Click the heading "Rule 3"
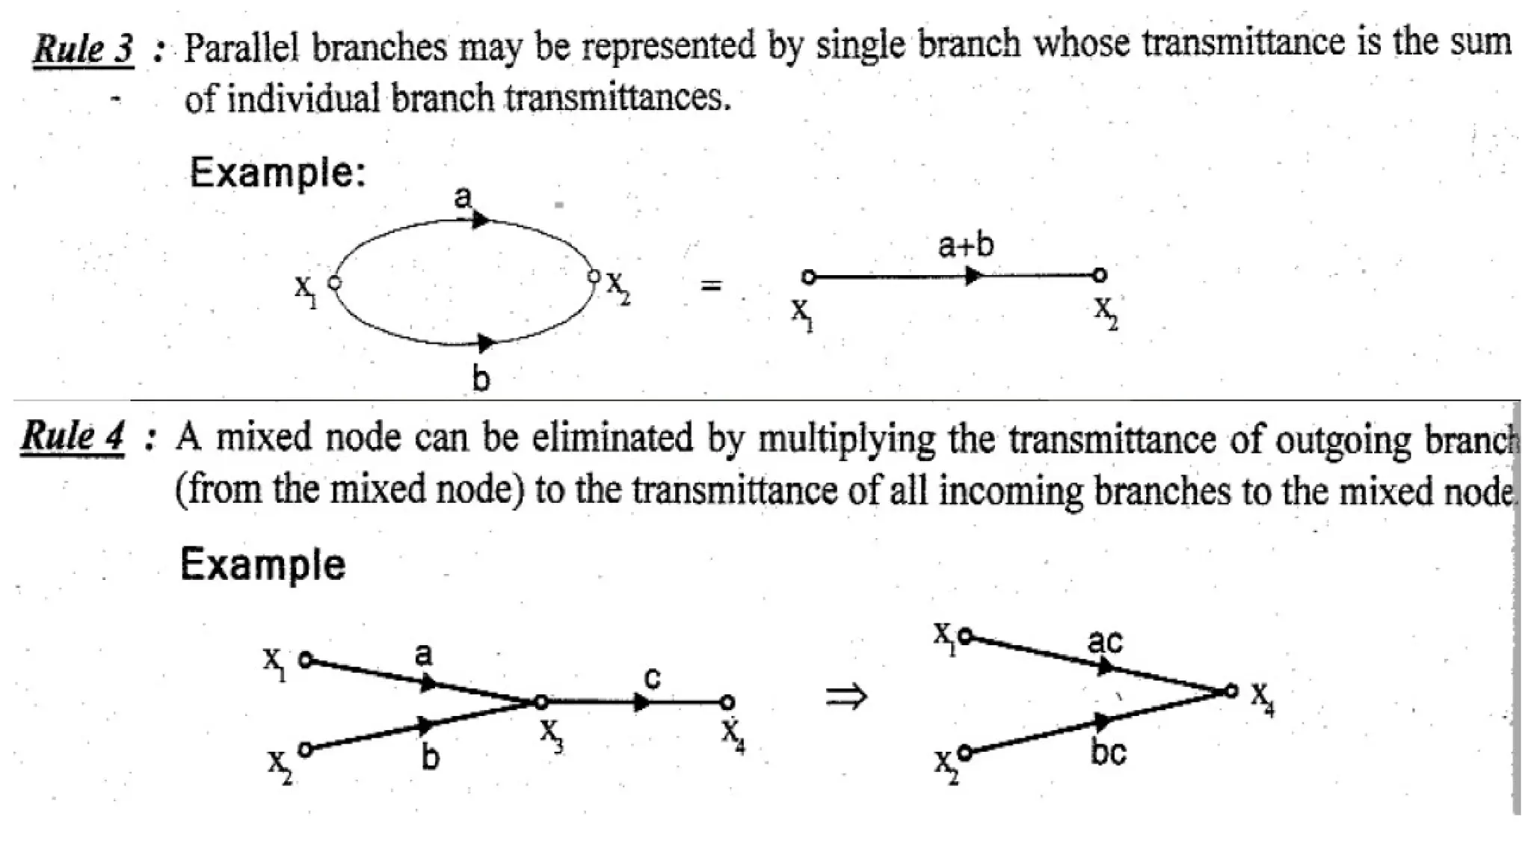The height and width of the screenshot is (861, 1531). click(x=84, y=49)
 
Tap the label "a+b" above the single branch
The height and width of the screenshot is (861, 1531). click(x=966, y=245)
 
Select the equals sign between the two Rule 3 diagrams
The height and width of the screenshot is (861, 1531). click(x=711, y=285)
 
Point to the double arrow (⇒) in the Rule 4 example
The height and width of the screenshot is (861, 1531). click(x=846, y=697)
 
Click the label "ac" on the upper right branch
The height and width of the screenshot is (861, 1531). click(x=1105, y=641)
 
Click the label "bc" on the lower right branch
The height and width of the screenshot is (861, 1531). click(x=1108, y=752)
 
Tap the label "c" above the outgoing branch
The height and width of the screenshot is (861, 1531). click(x=652, y=677)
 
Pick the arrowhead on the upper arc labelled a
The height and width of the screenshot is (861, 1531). click(x=481, y=220)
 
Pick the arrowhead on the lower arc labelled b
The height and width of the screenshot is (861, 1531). click(x=485, y=343)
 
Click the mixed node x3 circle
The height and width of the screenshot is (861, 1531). click(x=540, y=702)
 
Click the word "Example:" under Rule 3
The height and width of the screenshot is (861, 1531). click(x=277, y=173)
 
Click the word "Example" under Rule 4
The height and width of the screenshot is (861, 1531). click(x=263, y=564)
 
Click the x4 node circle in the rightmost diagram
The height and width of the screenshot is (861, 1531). click(x=1230, y=691)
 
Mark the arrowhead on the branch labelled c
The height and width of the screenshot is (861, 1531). click(x=641, y=703)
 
